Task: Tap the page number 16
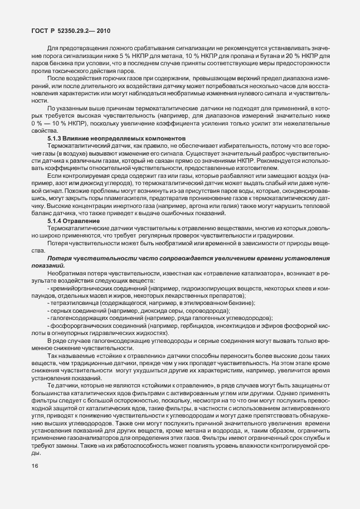pos(35,481)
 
